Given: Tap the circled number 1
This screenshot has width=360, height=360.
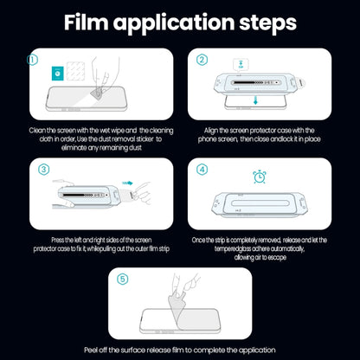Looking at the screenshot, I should click(33, 61).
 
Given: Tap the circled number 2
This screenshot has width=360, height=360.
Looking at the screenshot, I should click(201, 61).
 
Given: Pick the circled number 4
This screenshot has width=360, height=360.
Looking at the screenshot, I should click(201, 170).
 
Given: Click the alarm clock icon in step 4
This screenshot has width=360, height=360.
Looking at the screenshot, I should click(258, 177).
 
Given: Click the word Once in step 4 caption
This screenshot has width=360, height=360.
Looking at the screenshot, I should click(201, 239).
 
